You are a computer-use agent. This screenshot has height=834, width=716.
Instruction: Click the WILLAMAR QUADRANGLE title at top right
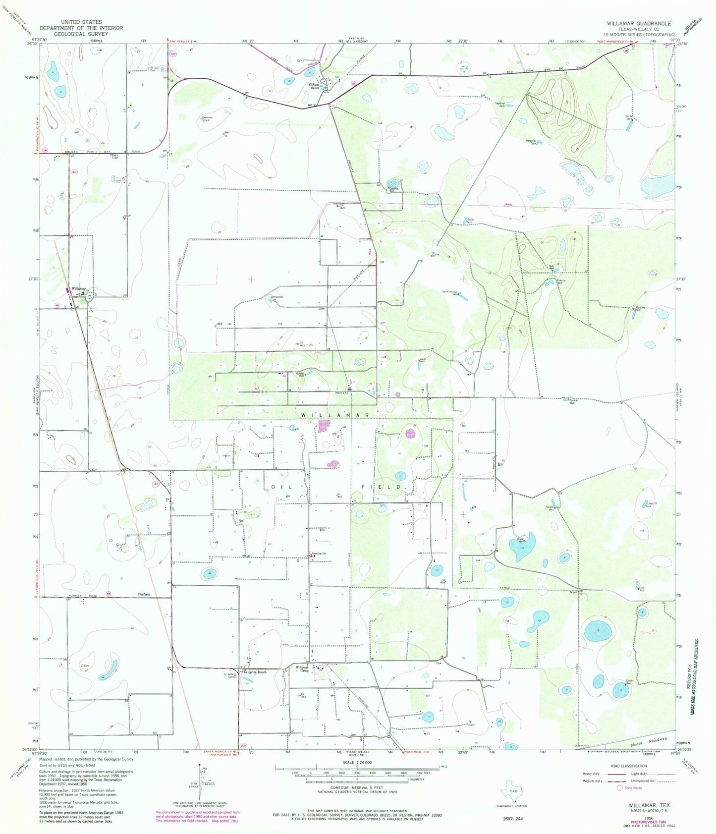pos(639,23)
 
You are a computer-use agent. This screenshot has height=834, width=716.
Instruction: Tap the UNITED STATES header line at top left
pos(81,22)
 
